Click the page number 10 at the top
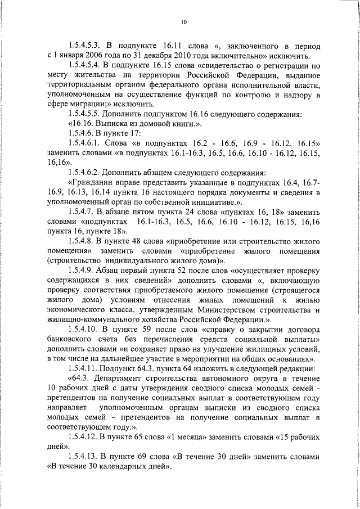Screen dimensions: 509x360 (x=184, y=22)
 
